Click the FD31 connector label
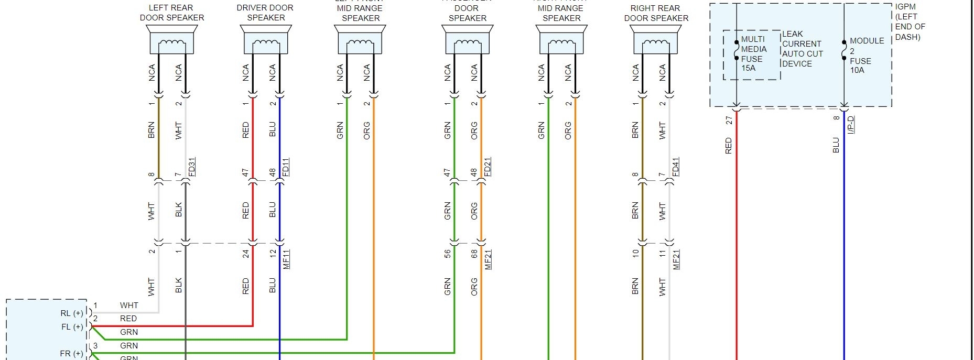(192, 167)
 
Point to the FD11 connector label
(286, 167)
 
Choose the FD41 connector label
(676, 167)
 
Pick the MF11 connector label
(286, 259)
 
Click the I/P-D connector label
(851, 125)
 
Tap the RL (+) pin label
(72, 313)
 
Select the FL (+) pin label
(72, 327)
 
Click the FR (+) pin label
(72, 354)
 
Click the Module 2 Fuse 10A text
(866, 55)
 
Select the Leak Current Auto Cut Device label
(802, 49)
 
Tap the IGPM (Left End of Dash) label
(910, 22)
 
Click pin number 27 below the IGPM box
(729, 121)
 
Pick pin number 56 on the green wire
(448, 254)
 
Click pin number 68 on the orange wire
(474, 254)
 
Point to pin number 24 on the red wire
(246, 254)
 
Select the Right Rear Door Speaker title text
(656, 13)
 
